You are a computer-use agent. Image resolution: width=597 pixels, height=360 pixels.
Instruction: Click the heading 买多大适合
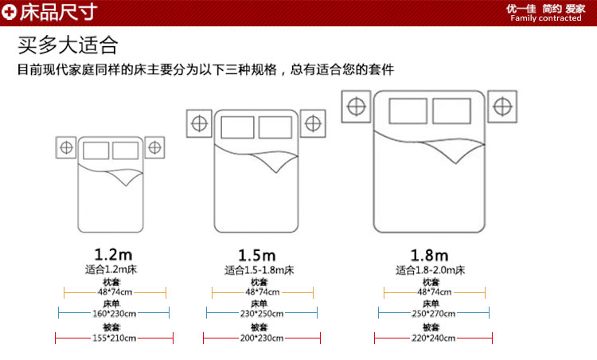point(68,43)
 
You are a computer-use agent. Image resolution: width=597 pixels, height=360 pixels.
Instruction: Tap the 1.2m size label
point(113,255)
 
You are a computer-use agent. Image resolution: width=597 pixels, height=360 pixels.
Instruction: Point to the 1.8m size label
point(430,255)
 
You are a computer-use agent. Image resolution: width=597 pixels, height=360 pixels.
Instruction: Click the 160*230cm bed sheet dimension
point(114,314)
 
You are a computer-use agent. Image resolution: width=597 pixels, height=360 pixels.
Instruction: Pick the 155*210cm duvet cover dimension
point(114,338)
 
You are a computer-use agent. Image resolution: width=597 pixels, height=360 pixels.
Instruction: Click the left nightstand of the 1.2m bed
point(67,147)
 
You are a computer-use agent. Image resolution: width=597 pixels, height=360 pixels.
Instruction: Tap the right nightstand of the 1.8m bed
point(501,105)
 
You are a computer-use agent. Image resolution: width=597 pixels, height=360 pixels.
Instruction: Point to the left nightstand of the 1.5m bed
point(198,123)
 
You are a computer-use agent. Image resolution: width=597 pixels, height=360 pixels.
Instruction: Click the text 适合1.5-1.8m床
point(259,270)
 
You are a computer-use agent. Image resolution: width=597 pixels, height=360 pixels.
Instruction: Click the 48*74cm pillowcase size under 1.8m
point(431,292)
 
